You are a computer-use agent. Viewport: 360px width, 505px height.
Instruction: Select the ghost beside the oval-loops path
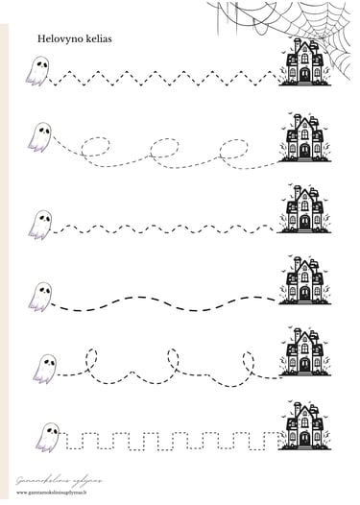(x=39, y=136)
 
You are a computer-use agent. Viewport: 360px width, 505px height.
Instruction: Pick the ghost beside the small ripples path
(x=39, y=224)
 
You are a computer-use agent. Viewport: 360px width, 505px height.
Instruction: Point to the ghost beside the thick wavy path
(x=39, y=296)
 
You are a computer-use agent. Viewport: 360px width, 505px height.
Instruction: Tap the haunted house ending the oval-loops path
(x=304, y=137)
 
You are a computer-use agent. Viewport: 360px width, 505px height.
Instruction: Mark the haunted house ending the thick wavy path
(x=304, y=279)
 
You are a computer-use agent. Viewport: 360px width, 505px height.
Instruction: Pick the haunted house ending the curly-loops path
(x=304, y=351)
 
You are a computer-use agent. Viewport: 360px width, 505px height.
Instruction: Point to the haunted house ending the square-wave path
(x=304, y=425)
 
